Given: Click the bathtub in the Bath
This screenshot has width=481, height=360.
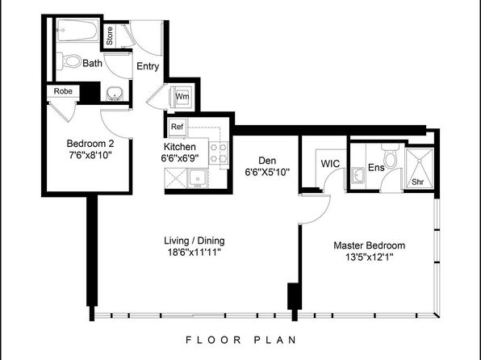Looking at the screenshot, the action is point(77,30).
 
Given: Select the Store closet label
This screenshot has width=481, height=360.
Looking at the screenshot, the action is point(110,36).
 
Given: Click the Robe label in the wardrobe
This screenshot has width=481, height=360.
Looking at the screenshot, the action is point(63,91).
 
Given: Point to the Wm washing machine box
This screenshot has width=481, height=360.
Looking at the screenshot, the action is point(182,97).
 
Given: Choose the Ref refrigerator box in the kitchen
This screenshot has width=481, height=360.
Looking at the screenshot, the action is point(177,127).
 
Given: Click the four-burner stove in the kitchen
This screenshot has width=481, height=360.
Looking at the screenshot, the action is point(219,153).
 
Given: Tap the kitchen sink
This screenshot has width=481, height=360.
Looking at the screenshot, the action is point(198,178).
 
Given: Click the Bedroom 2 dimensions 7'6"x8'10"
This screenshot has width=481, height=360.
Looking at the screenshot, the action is point(90,155).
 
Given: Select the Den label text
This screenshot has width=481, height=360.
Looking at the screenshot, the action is point(267,161).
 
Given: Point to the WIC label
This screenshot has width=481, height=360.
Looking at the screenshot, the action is point(330,164).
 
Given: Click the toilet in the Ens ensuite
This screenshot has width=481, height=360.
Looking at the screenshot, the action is point(390,156).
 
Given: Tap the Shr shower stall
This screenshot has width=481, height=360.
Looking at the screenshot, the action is point(419,168).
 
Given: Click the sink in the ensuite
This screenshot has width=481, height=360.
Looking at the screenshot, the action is point(358,175).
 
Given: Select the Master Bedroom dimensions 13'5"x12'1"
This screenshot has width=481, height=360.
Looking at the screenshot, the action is point(370,257).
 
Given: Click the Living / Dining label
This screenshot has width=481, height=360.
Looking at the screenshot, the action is point(194,241).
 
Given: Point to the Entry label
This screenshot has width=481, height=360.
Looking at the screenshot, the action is point(148,66).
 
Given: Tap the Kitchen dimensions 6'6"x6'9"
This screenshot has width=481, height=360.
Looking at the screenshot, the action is point(180,158).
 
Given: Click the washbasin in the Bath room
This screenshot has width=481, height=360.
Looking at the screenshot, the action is point(115,94).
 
